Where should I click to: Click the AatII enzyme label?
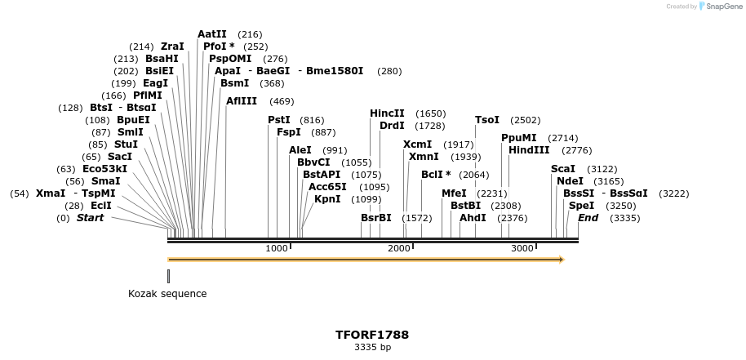212,34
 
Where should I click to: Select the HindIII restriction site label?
529,150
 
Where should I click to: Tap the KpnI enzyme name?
327,199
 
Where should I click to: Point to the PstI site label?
279,120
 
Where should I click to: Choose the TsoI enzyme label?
487,120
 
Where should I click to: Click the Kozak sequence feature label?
167,294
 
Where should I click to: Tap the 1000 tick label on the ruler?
277,248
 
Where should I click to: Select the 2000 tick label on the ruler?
399,248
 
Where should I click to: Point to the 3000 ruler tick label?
522,248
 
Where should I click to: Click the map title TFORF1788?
372,335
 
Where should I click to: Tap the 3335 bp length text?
372,347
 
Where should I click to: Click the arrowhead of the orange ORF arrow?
561,260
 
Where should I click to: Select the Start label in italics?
91,218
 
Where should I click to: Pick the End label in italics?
588,218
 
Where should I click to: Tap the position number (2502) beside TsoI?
525,120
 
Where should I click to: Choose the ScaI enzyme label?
563,169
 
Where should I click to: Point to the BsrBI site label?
376,218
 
